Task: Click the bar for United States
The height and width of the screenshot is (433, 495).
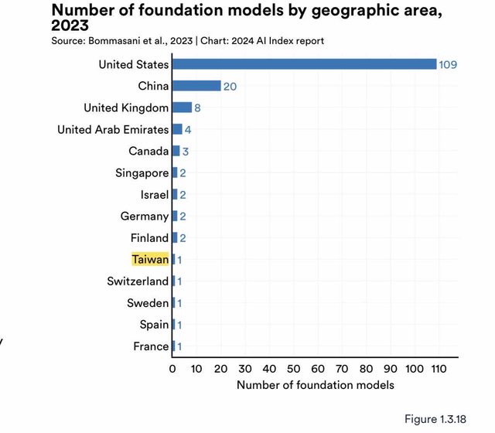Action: [304, 64]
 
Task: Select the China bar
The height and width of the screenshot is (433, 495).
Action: [196, 86]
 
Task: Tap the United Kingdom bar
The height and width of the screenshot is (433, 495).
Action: [182, 107]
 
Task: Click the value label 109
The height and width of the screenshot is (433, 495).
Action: [448, 64]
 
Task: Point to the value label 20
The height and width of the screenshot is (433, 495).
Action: [230, 86]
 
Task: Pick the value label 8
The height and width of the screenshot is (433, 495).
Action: [197, 107]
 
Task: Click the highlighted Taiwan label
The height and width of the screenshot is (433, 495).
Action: [150, 259]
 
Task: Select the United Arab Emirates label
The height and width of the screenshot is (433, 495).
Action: [113, 129]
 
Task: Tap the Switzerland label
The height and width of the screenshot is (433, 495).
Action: [138, 281]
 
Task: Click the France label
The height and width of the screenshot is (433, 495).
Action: [150, 346]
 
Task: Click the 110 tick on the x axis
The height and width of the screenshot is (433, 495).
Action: [438, 369]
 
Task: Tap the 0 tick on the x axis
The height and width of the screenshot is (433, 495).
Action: [172, 369]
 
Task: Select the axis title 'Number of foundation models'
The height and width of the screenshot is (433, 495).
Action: [315, 384]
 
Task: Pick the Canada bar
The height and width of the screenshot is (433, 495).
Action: [176, 151]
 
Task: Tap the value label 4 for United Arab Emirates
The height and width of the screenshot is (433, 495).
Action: [188, 129]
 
